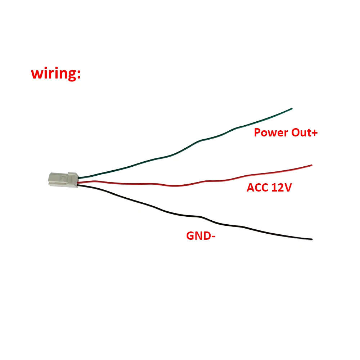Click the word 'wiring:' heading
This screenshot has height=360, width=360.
point(56,73)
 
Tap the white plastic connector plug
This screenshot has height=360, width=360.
point(63,180)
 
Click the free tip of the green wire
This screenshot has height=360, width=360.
point(292,108)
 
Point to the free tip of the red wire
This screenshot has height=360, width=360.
point(312,165)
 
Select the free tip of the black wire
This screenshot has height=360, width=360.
point(312,239)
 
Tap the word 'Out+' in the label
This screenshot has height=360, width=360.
point(305,133)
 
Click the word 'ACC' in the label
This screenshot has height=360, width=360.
point(257,188)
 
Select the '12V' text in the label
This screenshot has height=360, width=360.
point(282,188)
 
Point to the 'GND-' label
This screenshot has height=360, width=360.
point(201,236)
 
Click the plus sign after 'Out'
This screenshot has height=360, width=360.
point(315,133)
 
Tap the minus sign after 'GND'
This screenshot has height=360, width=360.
point(213,237)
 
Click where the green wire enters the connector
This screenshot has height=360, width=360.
point(78,178)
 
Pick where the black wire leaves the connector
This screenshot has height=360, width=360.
point(78,185)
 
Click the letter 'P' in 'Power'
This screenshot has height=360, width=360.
point(257,133)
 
